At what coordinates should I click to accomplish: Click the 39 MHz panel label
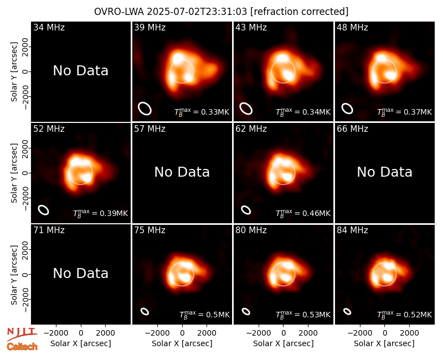tap(150, 27)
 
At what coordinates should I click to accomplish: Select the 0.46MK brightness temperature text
tap(303, 213)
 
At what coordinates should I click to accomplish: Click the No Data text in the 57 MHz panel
tap(182, 172)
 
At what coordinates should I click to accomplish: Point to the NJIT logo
tap(22, 333)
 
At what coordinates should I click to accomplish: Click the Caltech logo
tap(22, 347)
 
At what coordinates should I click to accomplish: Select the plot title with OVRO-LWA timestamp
tap(221, 12)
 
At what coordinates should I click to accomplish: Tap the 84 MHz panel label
tap(352, 230)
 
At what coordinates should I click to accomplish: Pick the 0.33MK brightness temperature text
tap(202, 112)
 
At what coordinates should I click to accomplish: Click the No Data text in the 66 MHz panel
tap(384, 172)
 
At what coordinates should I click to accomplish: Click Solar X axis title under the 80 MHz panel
tap(284, 343)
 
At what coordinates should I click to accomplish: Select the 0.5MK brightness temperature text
tap(204, 315)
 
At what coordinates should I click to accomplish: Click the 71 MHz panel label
tap(49, 230)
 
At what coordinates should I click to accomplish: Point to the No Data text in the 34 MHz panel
tap(80, 71)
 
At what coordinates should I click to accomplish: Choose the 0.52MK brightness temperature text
tap(405, 315)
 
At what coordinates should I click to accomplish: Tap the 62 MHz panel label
tap(251, 129)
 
